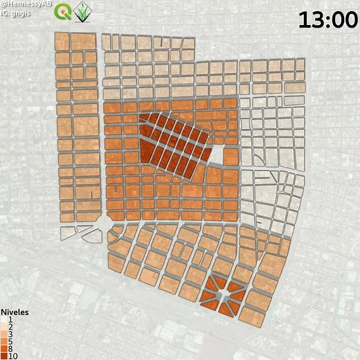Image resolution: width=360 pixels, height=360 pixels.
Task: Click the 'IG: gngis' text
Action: tap(19, 12)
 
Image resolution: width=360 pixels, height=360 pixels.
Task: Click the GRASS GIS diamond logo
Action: tap(84, 11)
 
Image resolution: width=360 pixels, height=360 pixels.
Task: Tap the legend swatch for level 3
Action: tap(5, 332)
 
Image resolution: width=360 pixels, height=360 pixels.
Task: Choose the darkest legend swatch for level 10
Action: tap(5, 355)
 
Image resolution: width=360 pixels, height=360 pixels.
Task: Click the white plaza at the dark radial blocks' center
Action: tap(222, 296)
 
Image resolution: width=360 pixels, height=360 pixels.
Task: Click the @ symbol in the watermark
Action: tap(3, 4)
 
